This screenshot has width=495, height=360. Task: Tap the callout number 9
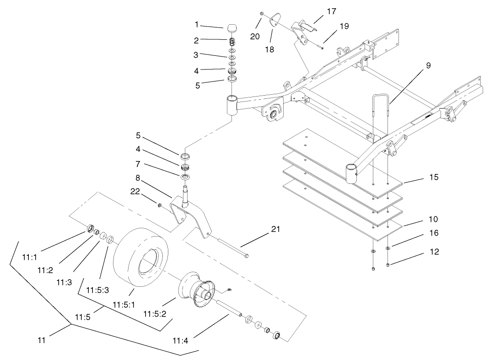(x=428, y=65)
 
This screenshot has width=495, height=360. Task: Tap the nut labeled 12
(x=388, y=265)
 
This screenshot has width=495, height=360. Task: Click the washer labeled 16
(x=388, y=248)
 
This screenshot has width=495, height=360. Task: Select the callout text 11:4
(x=182, y=339)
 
